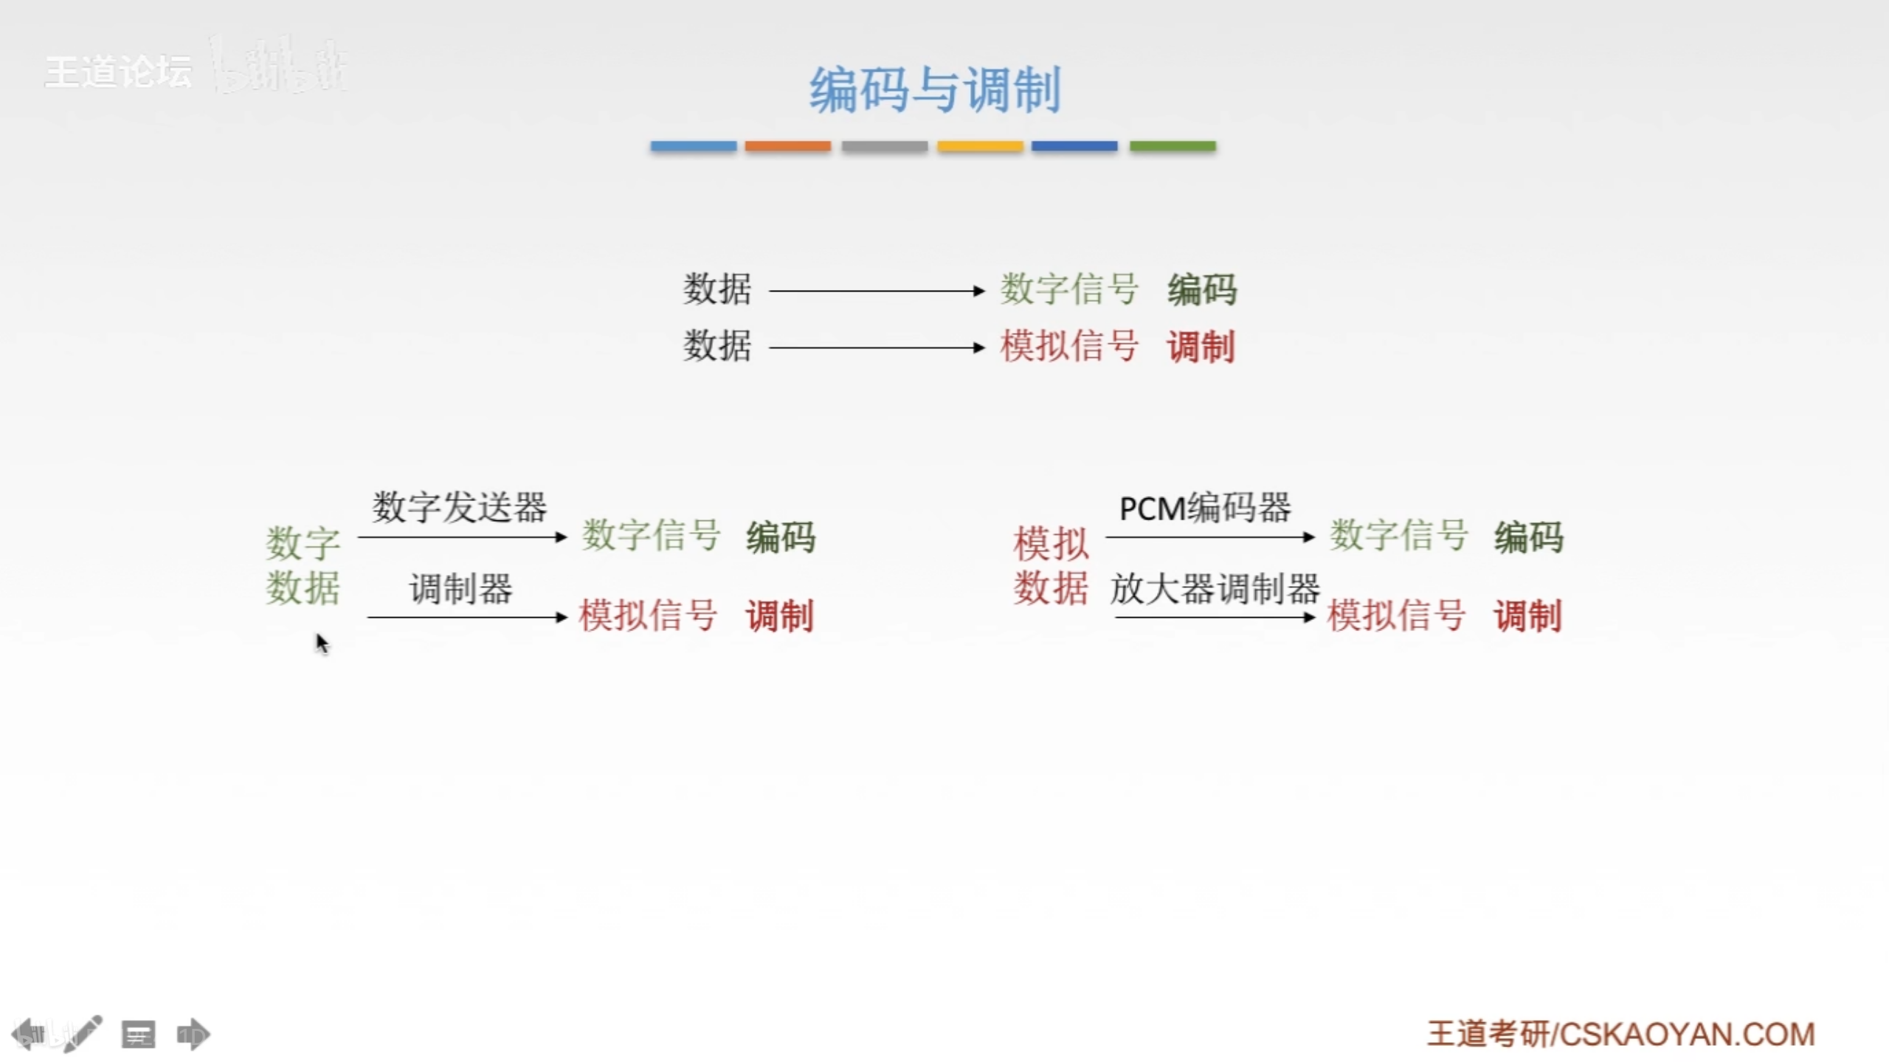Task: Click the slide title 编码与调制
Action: point(935,90)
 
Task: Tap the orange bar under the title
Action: point(787,146)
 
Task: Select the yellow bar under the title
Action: point(980,146)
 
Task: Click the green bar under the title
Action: point(1173,146)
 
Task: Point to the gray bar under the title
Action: point(884,146)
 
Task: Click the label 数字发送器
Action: point(459,507)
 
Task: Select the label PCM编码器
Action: point(1205,508)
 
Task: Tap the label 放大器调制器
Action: point(1215,589)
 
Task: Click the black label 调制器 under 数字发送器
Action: point(461,589)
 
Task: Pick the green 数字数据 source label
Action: point(303,565)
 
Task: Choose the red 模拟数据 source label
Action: point(1051,565)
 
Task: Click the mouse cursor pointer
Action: point(321,643)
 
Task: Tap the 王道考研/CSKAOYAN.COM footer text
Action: point(1620,1034)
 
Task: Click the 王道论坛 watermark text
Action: point(118,72)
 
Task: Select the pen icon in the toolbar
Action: point(83,1033)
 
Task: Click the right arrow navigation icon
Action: point(193,1034)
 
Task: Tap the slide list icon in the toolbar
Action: point(138,1034)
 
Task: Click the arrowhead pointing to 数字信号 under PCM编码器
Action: point(1309,537)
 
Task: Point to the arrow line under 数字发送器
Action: point(457,537)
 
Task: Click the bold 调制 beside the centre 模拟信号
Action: point(1201,346)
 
